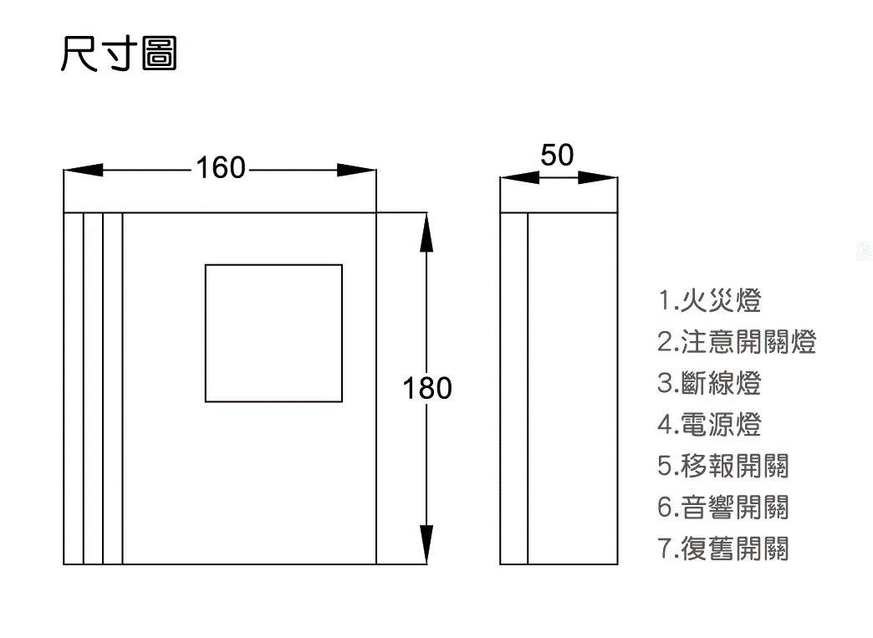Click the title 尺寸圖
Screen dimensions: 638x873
(x=119, y=54)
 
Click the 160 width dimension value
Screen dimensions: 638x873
(x=221, y=169)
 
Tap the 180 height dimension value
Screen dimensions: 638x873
(x=427, y=389)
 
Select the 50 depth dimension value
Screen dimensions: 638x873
(x=558, y=156)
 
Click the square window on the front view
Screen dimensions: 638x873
(x=273, y=333)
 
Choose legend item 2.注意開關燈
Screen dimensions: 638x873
(x=736, y=341)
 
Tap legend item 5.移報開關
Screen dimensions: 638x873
(x=722, y=466)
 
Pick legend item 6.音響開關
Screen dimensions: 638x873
(x=722, y=507)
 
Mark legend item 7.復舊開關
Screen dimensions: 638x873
(x=722, y=549)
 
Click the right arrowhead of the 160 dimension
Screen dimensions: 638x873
(x=357, y=170)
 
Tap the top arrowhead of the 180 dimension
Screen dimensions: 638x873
(x=427, y=232)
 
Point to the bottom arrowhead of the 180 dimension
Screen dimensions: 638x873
(x=427, y=545)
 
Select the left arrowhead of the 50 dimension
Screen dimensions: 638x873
(x=517, y=177)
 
